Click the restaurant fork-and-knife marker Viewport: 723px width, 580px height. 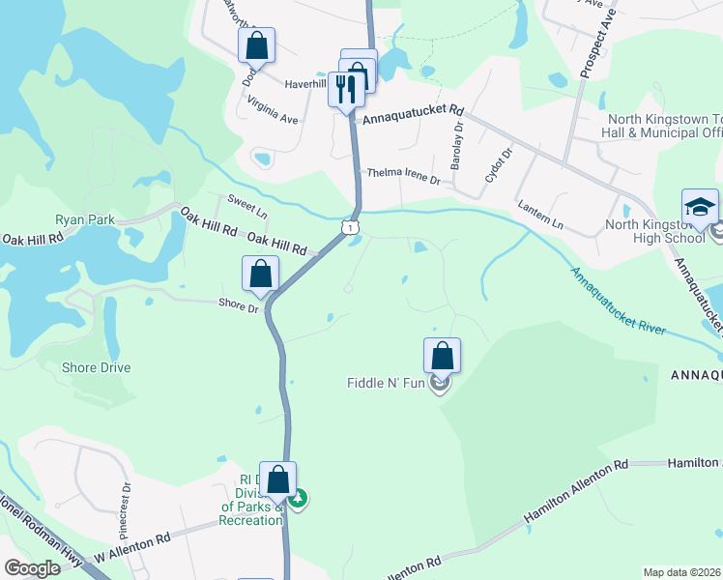[346, 90]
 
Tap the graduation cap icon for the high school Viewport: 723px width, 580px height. [700, 207]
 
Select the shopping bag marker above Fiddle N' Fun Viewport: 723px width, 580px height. [442, 355]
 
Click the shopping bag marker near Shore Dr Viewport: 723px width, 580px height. [260, 274]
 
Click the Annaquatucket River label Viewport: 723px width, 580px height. [618, 301]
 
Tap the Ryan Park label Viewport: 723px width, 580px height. [85, 219]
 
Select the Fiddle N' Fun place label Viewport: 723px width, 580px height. [387, 384]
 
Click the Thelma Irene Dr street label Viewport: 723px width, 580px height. [403, 176]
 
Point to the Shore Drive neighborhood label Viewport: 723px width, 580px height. [96, 368]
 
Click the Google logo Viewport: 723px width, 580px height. [32, 568]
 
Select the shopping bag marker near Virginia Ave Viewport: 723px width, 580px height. [256, 44]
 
